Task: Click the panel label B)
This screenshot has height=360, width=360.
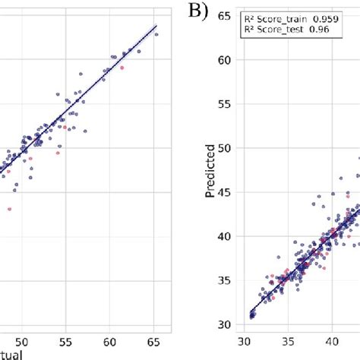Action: point(200,13)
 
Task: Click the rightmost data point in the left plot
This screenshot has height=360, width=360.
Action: point(156,33)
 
